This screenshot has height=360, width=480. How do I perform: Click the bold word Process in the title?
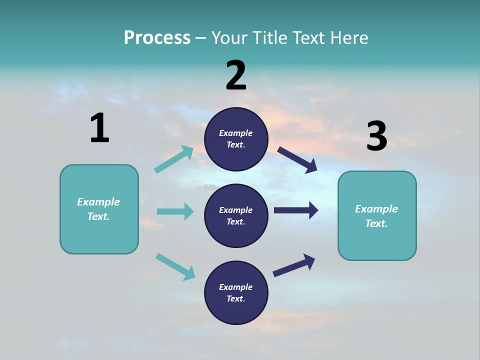point(157,38)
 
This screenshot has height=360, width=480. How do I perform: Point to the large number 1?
point(99,128)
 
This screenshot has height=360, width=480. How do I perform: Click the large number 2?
point(236,75)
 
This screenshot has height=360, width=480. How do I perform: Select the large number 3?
point(376,136)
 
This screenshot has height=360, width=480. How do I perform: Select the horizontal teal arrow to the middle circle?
point(175,211)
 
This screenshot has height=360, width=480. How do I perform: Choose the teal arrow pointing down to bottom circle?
point(175,266)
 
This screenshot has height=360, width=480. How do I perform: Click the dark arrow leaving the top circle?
point(297,159)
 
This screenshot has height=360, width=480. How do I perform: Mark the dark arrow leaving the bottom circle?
point(294,265)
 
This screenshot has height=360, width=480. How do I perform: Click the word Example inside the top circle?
point(235,133)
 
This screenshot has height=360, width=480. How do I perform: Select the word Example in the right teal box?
point(376,209)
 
